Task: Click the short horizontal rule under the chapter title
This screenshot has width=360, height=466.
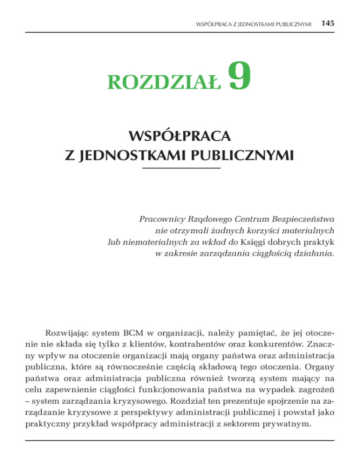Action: pyautogui.click(x=180, y=167)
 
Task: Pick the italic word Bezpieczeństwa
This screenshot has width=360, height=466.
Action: pyautogui.click(x=295, y=219)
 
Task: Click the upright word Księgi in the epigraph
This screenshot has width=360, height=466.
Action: pyautogui.click(x=255, y=242)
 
